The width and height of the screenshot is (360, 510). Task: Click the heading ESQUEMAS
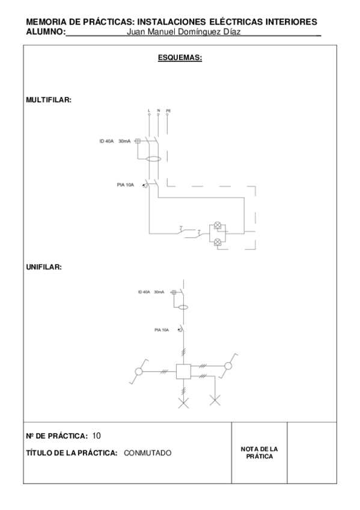point(180,58)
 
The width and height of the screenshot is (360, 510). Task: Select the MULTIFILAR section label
point(49,100)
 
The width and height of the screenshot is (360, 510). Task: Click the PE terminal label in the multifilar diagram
point(168,111)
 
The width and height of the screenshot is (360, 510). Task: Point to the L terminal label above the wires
point(148,111)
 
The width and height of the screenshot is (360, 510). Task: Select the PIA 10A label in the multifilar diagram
point(125,185)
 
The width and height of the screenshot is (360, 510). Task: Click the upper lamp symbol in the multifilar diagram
point(218,227)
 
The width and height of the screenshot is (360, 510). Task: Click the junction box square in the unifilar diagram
point(183,372)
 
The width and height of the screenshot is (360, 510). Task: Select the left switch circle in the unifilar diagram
point(138,372)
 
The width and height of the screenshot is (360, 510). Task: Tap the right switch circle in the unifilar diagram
point(228,366)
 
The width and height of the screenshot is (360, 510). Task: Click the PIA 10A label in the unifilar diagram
point(162,330)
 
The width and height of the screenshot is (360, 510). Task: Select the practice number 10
point(97,435)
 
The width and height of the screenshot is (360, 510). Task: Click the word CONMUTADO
point(148,453)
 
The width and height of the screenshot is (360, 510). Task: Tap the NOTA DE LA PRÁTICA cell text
point(259,453)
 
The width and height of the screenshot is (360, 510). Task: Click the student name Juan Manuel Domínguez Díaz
point(185,32)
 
